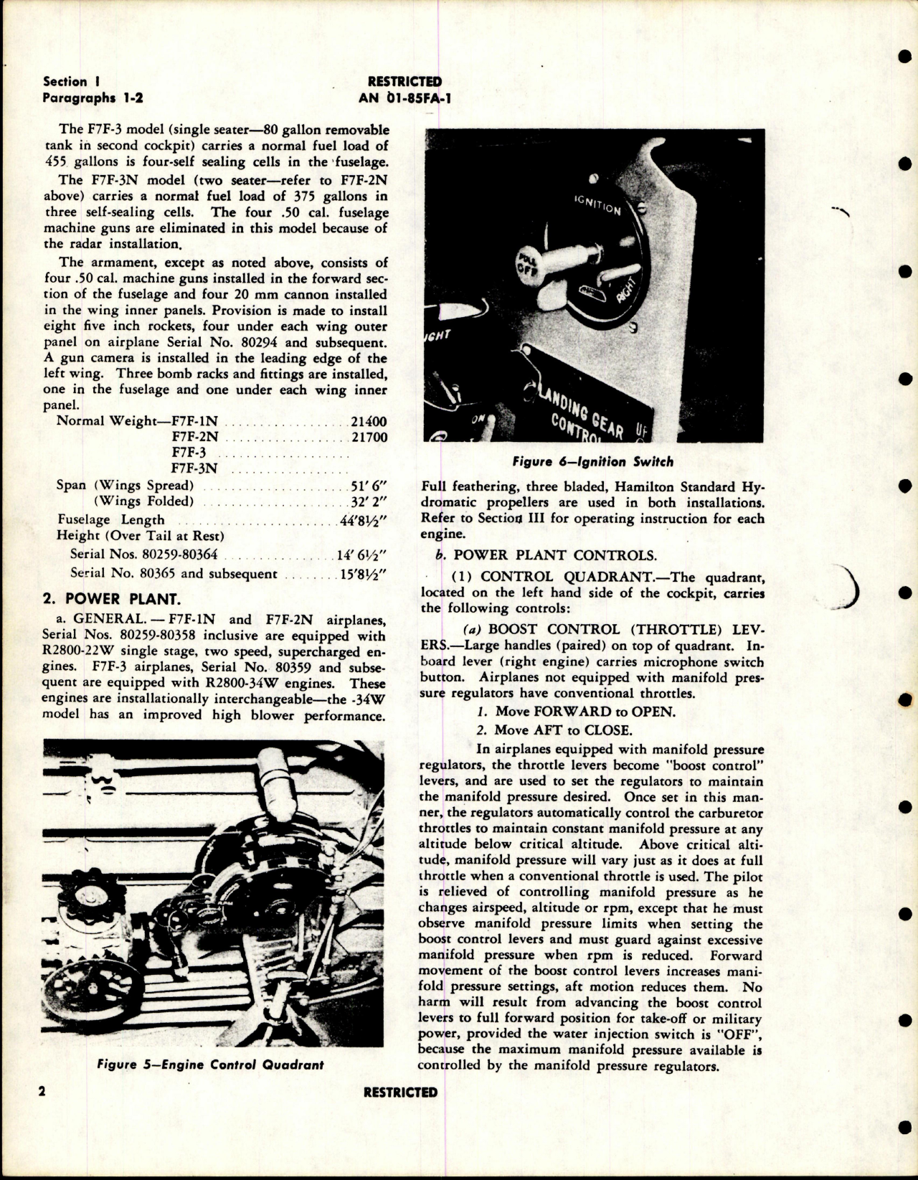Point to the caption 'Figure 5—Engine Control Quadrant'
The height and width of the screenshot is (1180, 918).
[210, 1065]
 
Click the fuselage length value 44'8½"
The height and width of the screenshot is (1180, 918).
[364, 520]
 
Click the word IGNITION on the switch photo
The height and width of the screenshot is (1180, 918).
[597, 205]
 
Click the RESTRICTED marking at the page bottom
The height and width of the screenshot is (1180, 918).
[400, 1092]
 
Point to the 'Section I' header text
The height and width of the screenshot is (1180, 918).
[65, 82]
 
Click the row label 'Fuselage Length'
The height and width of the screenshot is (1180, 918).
[111, 520]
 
